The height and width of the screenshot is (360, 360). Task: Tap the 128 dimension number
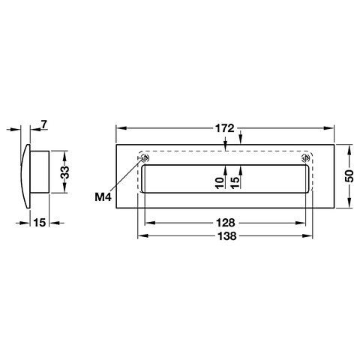click(226, 223)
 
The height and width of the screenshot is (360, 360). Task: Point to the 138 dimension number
click(226, 235)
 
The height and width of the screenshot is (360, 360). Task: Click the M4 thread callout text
click(104, 196)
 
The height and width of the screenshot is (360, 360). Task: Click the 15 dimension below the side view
click(40, 223)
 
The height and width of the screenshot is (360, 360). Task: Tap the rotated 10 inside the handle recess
click(219, 181)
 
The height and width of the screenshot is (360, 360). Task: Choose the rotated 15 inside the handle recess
click(235, 181)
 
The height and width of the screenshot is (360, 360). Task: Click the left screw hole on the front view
click(141, 158)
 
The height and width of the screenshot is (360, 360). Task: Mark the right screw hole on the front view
click(304, 158)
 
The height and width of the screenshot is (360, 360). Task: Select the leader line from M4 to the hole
click(126, 177)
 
